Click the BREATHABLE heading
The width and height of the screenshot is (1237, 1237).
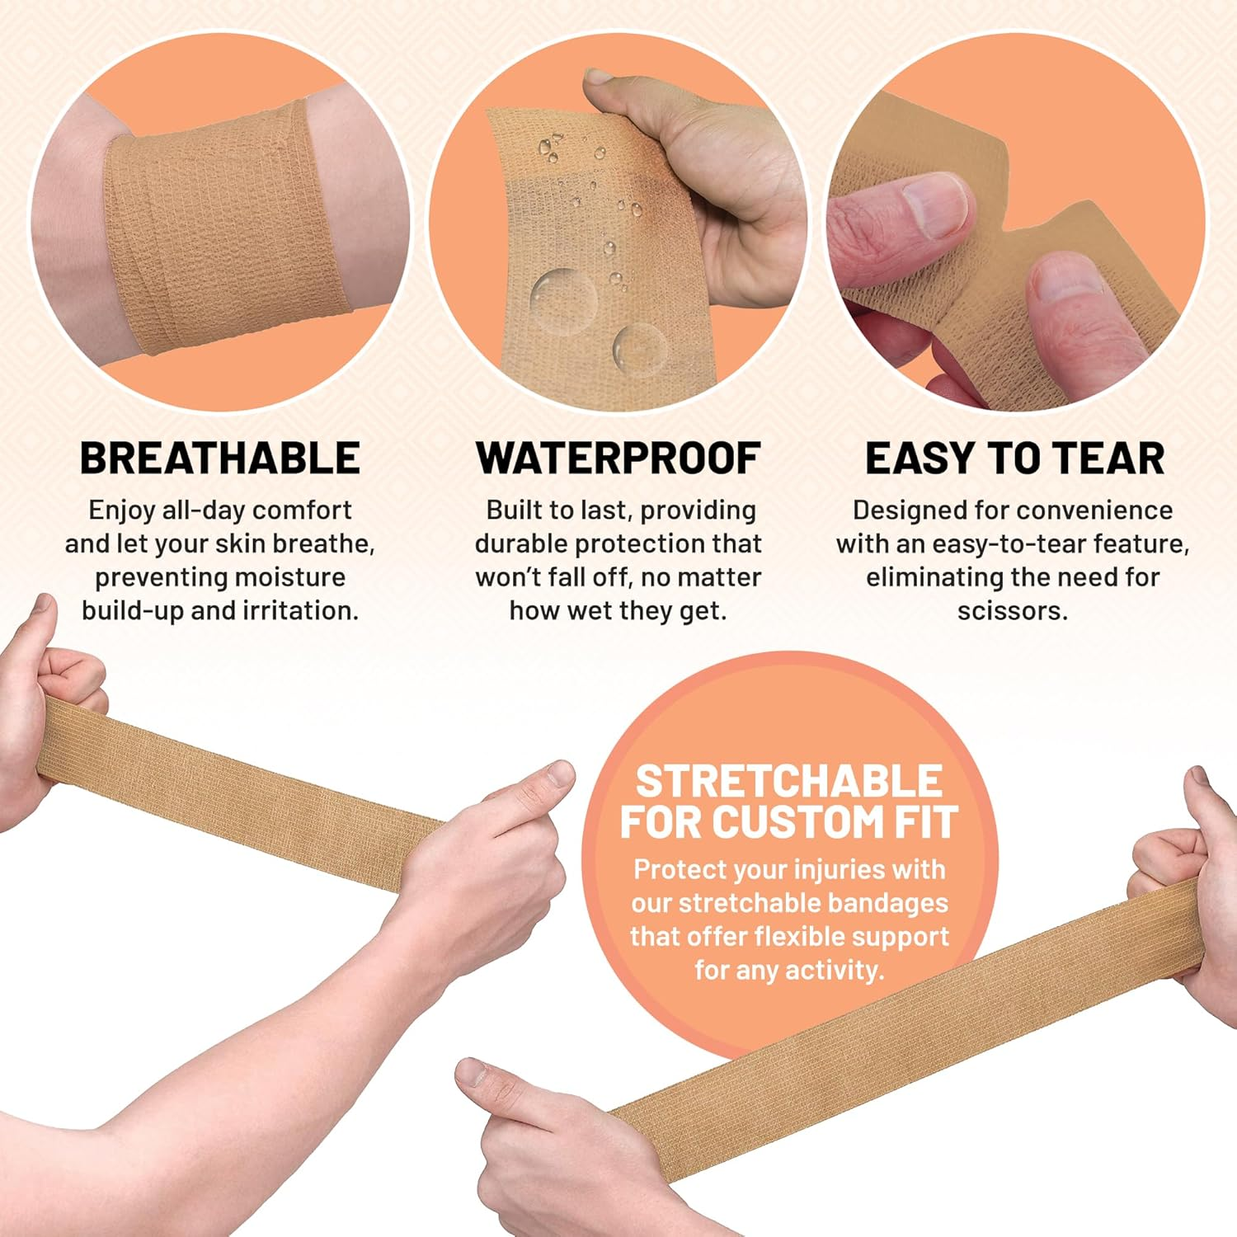[x=220, y=459]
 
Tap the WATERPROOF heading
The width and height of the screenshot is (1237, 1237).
[x=618, y=459]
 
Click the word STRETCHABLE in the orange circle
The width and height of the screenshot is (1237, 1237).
[x=788, y=781]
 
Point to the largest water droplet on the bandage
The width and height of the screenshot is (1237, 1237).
[x=563, y=294]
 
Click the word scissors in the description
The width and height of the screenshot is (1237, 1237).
[x=1012, y=611]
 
